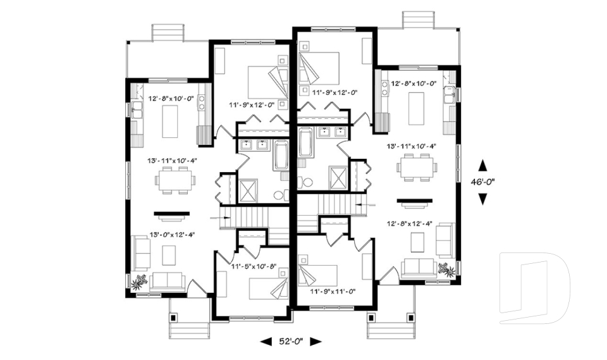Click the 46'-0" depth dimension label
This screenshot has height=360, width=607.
(x=482, y=182)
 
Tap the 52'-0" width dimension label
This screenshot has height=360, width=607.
(x=291, y=342)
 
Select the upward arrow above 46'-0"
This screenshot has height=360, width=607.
(x=482, y=166)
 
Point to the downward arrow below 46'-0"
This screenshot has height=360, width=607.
(x=482, y=199)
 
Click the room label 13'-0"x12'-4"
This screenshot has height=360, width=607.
(x=172, y=235)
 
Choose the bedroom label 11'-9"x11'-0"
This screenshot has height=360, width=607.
(x=334, y=292)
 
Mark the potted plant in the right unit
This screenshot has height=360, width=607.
(x=448, y=270)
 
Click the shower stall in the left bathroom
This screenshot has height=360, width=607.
(x=247, y=190)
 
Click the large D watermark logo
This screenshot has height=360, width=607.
(x=534, y=288)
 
